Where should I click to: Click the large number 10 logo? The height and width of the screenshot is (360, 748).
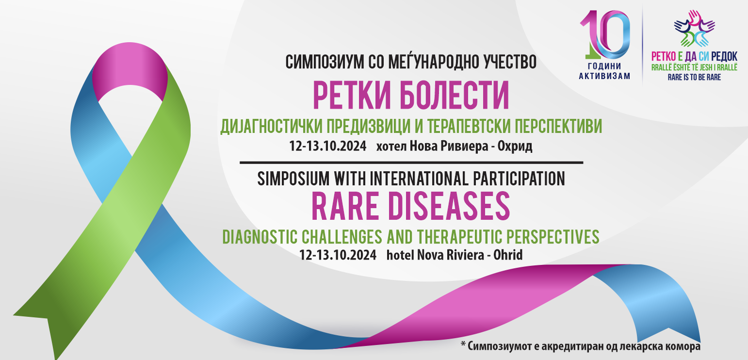click(604, 35)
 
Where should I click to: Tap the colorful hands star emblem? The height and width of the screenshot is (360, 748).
click(695, 29)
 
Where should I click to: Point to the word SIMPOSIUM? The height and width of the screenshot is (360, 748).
click(293, 179)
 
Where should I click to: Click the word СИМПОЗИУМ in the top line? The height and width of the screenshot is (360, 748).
click(325, 62)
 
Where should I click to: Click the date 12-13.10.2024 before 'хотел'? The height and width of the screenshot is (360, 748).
click(327, 146)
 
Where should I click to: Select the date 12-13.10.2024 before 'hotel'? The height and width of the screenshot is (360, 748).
click(338, 255)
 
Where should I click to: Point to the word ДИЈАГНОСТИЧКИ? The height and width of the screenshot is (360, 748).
click(272, 127)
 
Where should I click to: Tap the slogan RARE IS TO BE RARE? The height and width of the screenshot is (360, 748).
click(694, 78)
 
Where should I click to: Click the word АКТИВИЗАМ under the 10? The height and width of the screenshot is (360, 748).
click(604, 76)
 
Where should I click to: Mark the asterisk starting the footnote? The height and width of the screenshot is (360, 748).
click(463, 344)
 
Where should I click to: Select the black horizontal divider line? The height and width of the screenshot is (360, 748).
click(411, 163)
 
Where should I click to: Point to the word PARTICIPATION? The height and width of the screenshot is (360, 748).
click(519, 179)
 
